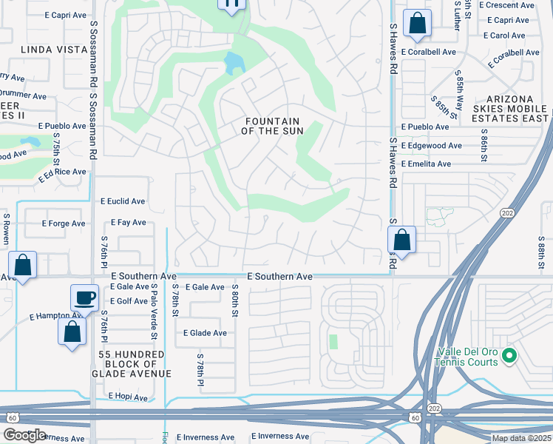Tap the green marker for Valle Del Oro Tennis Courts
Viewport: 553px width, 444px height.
(508, 357)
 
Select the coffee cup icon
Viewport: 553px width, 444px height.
(85, 297)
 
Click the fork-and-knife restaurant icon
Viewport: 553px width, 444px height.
(231, 4)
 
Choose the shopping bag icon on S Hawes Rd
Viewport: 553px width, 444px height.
(401, 240)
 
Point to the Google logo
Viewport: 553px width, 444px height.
(24, 435)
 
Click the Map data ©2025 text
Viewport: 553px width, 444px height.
(521, 438)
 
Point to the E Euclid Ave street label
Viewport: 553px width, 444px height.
(123, 201)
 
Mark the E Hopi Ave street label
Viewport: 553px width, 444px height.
(128, 397)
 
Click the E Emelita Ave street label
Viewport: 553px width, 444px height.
(425, 164)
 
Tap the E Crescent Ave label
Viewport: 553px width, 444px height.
(506, 4)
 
